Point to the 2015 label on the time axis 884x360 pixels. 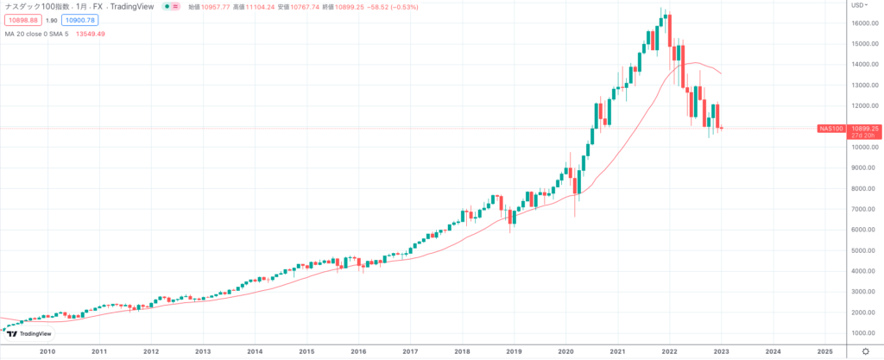coord(306,351)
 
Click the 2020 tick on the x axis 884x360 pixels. coord(565,351)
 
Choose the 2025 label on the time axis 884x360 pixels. coord(824,351)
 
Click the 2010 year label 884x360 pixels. coord(47,351)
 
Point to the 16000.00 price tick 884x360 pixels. coord(863,23)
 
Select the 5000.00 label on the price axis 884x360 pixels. coord(863,250)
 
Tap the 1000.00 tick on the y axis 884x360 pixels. coord(863,332)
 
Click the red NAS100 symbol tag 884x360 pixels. coord(830,129)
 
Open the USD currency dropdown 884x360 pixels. coord(861,5)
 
